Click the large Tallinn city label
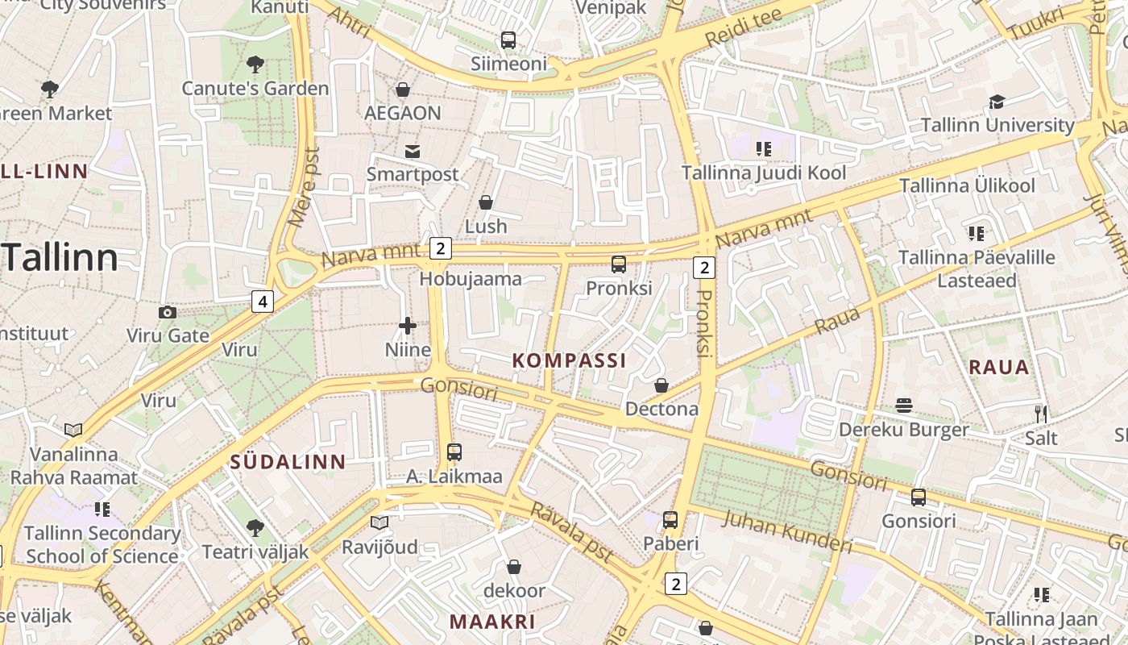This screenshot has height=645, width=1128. (x=61, y=258)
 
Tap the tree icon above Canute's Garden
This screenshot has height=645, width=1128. (x=255, y=64)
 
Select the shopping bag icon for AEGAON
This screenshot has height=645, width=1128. (x=402, y=89)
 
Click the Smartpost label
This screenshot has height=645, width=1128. (x=413, y=174)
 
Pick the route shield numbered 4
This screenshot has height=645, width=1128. (x=262, y=302)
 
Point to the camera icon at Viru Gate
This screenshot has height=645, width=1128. (x=168, y=312)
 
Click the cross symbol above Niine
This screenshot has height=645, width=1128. (x=408, y=326)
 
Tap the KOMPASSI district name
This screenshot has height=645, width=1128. (x=569, y=360)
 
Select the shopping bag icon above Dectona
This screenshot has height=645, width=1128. (x=661, y=385)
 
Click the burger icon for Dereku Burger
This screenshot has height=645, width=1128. (x=904, y=405)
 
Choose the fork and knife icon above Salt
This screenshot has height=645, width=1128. (x=1041, y=414)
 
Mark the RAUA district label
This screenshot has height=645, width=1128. (x=998, y=368)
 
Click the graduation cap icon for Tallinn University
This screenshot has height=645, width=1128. (x=997, y=102)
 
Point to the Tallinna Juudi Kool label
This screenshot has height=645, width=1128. (x=764, y=173)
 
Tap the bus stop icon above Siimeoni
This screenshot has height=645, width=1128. (x=508, y=40)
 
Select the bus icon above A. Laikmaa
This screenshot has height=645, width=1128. (x=454, y=452)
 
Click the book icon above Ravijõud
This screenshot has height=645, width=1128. (x=379, y=523)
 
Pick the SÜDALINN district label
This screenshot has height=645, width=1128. (x=288, y=462)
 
